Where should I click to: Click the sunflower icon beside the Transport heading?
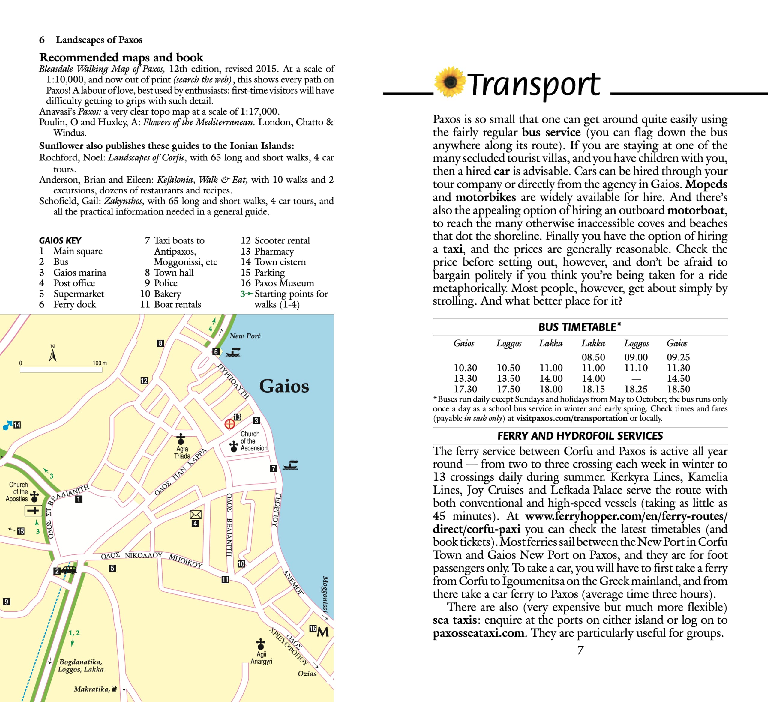[x=450, y=82]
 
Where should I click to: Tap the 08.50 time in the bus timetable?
[x=593, y=357]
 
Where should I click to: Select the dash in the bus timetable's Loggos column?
[x=636, y=379]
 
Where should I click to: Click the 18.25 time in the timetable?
[x=636, y=389]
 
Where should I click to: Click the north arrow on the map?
[x=53, y=354]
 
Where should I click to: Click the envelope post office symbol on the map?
[x=195, y=515]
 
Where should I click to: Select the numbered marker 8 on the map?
[x=160, y=343]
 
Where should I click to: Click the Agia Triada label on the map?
[x=182, y=452]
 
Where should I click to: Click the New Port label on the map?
[x=245, y=336]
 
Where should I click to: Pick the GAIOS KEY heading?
[x=60, y=240]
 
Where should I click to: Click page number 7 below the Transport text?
[x=580, y=650]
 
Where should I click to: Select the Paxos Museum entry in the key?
[x=284, y=283]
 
